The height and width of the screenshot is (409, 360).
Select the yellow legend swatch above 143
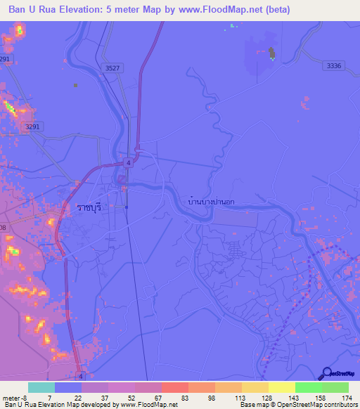coord(281,387)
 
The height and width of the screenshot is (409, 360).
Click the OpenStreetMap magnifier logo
coord(326,373)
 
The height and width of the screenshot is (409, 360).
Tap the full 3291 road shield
coord(31,126)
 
